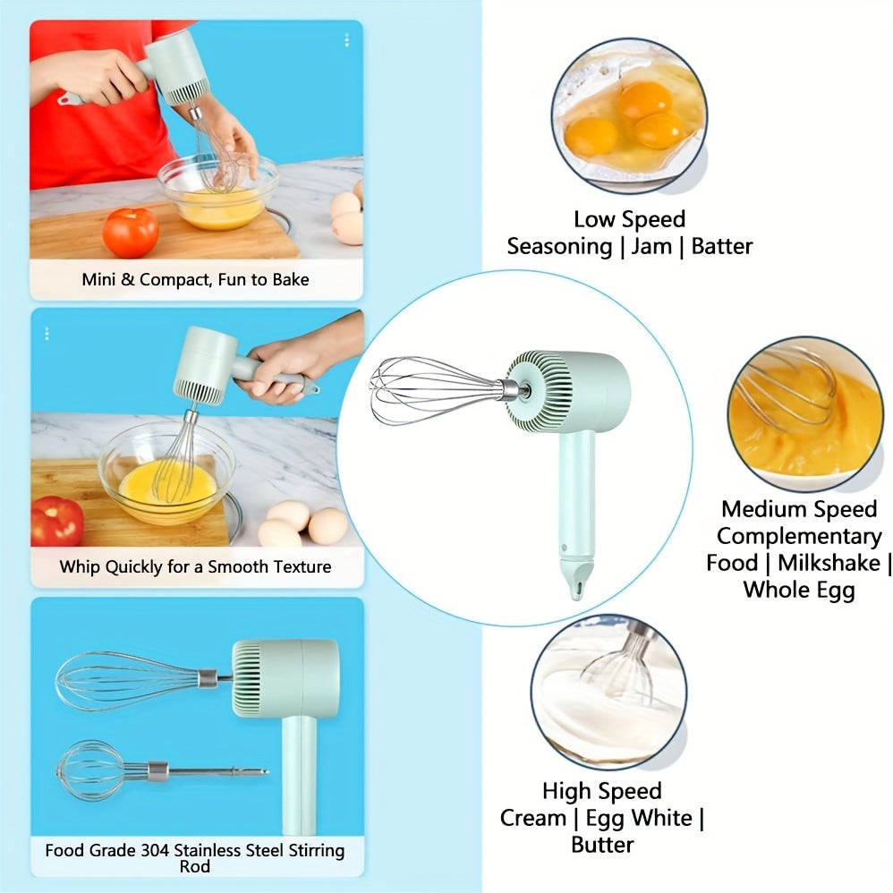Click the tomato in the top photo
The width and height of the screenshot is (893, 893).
[x=130, y=233]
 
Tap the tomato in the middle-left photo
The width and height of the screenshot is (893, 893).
[x=56, y=521]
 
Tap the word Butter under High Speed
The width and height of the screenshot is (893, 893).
[x=602, y=845]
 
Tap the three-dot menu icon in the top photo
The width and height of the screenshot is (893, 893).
[x=346, y=40]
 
